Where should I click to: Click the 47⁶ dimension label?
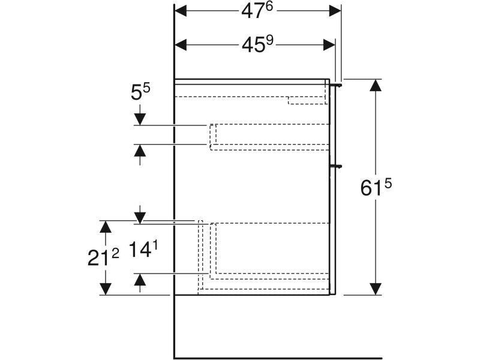[x=257, y=11]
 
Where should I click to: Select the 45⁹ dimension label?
[x=257, y=44]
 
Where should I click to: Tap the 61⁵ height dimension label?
[x=376, y=187]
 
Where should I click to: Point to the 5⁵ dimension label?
[x=140, y=92]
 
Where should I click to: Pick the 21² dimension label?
[x=103, y=257]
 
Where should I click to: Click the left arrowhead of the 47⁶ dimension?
[x=181, y=11]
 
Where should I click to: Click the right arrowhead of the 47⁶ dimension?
[x=335, y=11]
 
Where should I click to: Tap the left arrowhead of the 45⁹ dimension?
[x=181, y=45]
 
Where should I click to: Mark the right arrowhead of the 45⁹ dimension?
[x=329, y=45]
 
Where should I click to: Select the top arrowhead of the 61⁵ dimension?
[x=376, y=85]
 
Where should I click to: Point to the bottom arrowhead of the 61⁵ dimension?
[x=376, y=289]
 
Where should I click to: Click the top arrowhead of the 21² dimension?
[x=106, y=227]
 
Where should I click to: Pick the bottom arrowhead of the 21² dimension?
[x=106, y=289]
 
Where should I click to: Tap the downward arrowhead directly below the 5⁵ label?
[x=140, y=119]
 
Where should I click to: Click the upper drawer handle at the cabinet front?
[x=336, y=85]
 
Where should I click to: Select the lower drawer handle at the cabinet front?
[x=336, y=166]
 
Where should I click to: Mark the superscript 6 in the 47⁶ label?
[x=268, y=7]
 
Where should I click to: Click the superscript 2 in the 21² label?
[x=115, y=253]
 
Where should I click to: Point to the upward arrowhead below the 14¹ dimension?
[x=140, y=279]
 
